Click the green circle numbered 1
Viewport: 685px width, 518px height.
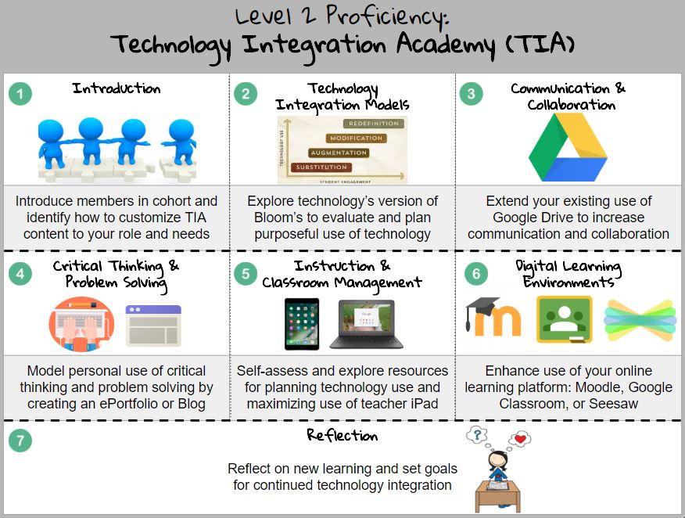[x=20, y=94]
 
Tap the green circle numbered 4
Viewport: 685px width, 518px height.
[x=20, y=273]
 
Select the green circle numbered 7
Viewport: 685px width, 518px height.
[x=20, y=441]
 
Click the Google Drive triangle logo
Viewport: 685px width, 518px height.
[x=568, y=148]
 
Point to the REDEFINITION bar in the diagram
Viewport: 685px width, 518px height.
[x=373, y=124]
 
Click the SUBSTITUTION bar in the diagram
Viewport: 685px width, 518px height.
[x=321, y=167]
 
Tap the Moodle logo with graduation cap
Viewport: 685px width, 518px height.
[x=493, y=318]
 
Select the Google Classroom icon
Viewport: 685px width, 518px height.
[x=563, y=318]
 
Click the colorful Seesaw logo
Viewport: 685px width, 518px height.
[x=640, y=320]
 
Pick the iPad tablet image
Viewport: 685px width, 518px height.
[x=302, y=323]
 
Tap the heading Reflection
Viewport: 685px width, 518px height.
[x=342, y=435]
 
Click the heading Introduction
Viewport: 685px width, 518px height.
[x=117, y=88]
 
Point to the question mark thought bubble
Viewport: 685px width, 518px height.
[x=477, y=434]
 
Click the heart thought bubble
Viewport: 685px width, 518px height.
[x=518, y=439]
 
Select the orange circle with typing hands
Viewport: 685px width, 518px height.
[x=81, y=324]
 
